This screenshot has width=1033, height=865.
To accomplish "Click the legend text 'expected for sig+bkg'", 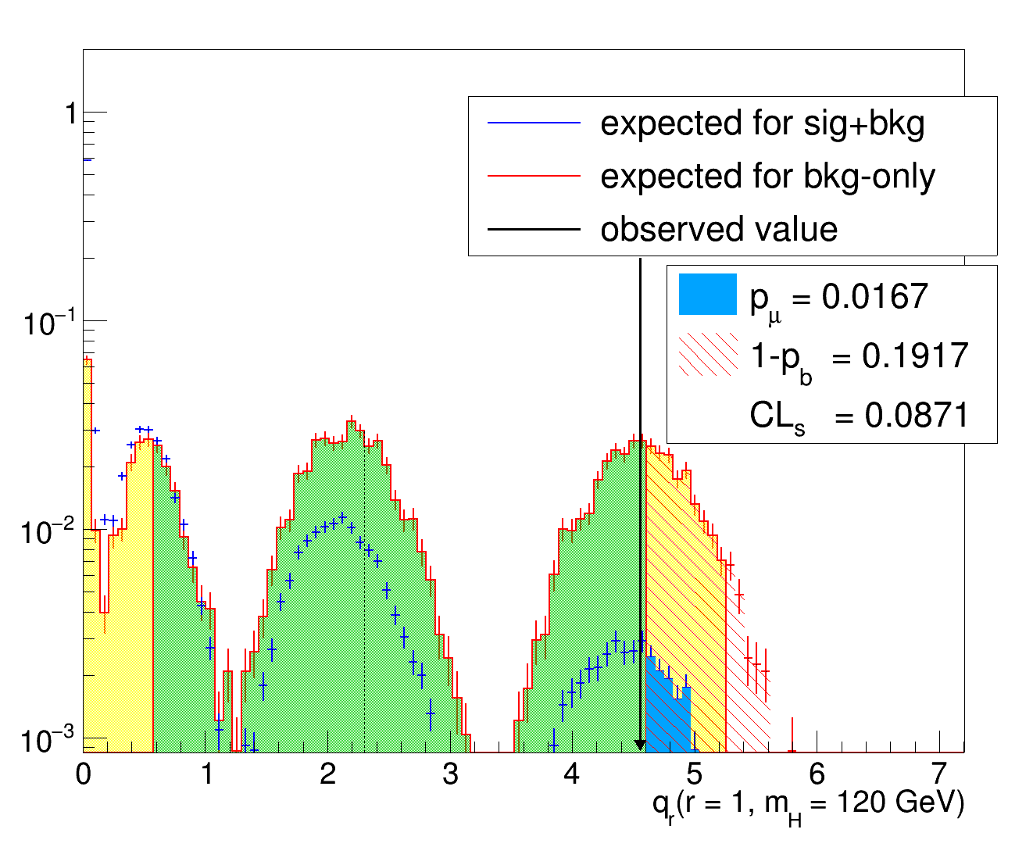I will pyautogui.click(x=762, y=123).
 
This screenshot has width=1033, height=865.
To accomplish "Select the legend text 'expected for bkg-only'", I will pyautogui.click(x=767, y=177).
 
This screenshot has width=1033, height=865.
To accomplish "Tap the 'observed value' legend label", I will pyautogui.click(x=718, y=230).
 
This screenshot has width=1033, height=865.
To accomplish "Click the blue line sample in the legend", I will pyautogui.click(x=534, y=123).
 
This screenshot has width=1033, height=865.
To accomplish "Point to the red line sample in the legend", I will pyautogui.click(x=534, y=177).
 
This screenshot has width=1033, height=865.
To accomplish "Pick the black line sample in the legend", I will pyautogui.click(x=534, y=230).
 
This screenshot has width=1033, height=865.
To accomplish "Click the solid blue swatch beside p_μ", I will pyautogui.click(x=708, y=294).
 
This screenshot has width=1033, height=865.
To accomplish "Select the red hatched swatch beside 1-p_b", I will pyautogui.click(x=708, y=355).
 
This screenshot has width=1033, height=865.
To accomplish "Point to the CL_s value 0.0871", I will pyautogui.click(x=917, y=415).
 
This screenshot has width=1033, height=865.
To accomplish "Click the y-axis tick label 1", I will pyautogui.click(x=70, y=114).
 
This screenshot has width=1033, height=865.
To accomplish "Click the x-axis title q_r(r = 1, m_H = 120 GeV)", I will pyautogui.click(x=808, y=805).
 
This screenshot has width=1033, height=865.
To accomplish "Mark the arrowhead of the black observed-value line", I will pyautogui.click(x=640, y=745).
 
